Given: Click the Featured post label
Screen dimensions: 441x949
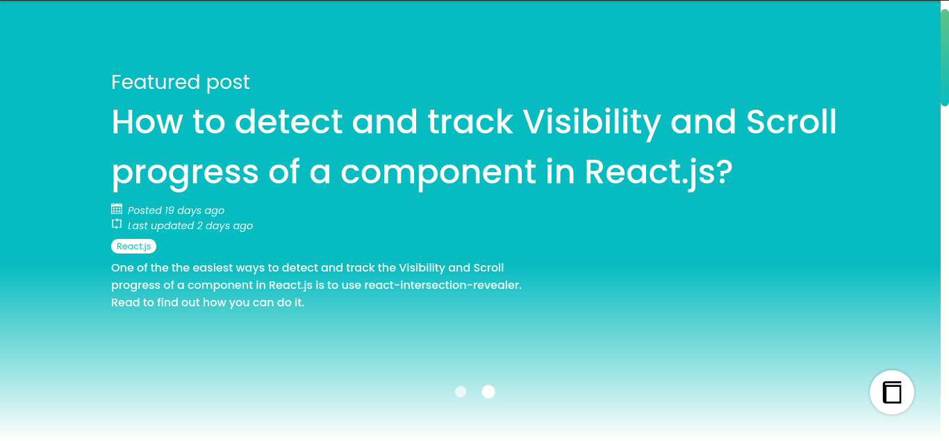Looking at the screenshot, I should [x=180, y=82].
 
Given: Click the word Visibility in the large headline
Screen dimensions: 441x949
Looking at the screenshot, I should [x=591, y=122].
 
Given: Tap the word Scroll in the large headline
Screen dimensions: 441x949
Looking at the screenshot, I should [x=791, y=122].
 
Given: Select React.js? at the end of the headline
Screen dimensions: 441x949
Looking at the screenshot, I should [x=659, y=172].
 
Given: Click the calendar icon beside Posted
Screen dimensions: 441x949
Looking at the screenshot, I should [x=117, y=209].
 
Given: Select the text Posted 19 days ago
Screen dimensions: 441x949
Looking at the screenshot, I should [x=176, y=210].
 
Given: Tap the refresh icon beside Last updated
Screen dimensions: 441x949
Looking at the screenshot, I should [x=117, y=224].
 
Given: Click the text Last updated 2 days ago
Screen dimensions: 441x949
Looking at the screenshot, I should [x=190, y=226].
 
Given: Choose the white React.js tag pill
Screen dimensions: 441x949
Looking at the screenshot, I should [x=133, y=247].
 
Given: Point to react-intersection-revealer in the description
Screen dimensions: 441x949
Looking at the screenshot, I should [x=442, y=285].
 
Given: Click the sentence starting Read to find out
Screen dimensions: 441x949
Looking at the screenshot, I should [x=207, y=303].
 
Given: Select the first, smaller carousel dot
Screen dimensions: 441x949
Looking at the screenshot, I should [x=461, y=392].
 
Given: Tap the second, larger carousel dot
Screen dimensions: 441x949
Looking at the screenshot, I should [x=488, y=392].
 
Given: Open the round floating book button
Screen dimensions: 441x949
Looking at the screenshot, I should [x=892, y=392].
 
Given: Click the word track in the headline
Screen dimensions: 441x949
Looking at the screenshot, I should [x=470, y=122].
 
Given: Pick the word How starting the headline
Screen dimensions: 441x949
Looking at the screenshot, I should [x=147, y=122].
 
